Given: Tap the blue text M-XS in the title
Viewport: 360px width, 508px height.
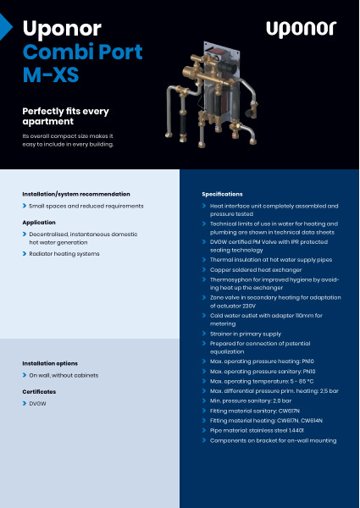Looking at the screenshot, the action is [50, 76].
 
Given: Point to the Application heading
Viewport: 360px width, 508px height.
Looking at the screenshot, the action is [39, 222].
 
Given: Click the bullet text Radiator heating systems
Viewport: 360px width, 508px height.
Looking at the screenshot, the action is [64, 253].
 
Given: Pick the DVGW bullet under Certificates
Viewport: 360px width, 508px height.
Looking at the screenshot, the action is [38, 404].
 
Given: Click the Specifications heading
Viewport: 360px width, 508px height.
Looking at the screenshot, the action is [222, 194].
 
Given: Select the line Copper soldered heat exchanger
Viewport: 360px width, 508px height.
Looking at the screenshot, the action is [259, 267].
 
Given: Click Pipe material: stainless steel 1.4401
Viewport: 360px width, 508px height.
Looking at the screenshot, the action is [257, 430].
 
